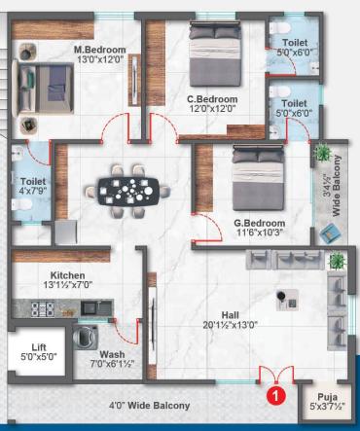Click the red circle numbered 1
click(x=275, y=395)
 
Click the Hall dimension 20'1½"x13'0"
click(x=231, y=325)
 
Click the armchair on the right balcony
click(x=331, y=232)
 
